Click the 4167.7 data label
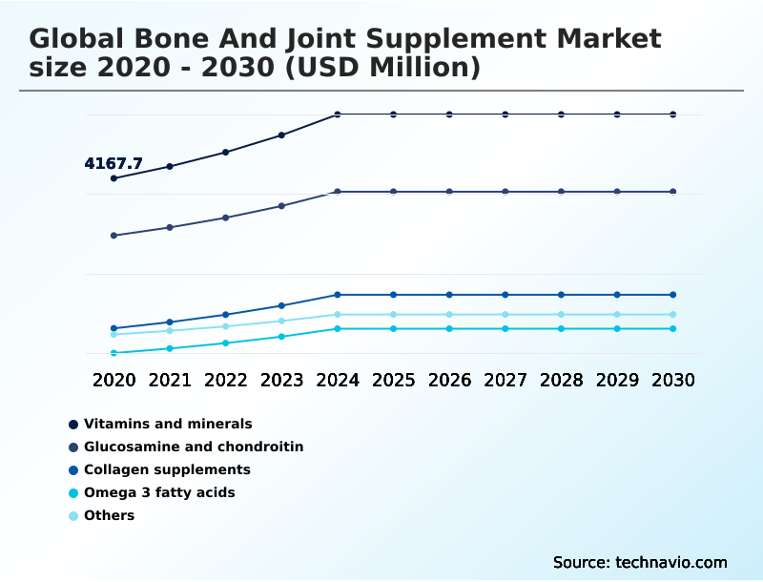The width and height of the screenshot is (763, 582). pos(113,164)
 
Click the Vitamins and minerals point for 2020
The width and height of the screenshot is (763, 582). pos(114,178)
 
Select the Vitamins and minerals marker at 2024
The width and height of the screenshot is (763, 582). pos(338,114)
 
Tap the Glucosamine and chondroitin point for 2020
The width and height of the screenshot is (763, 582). pos(114,236)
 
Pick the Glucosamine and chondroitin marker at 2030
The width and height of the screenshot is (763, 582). pos(673,192)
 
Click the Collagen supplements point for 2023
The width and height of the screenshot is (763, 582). pos(281,305)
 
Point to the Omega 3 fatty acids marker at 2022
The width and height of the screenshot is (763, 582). pos(226,343)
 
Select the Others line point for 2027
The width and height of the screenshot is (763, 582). pos(505,315)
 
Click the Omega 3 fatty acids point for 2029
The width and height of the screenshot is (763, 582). pos(617,329)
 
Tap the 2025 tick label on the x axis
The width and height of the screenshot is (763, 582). pos(393,380)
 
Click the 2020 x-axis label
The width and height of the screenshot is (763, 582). pos(114,380)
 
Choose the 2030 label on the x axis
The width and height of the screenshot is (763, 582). pos(673,380)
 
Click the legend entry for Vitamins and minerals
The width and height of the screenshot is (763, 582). pos(168,424)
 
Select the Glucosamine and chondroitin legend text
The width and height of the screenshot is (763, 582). pos(194,447)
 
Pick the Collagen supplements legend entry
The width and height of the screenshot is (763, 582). pos(167,469)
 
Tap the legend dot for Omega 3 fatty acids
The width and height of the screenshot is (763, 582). pos(73,493)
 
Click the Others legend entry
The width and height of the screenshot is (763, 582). pos(109,516)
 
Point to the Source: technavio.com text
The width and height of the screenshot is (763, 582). pos(640,562)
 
